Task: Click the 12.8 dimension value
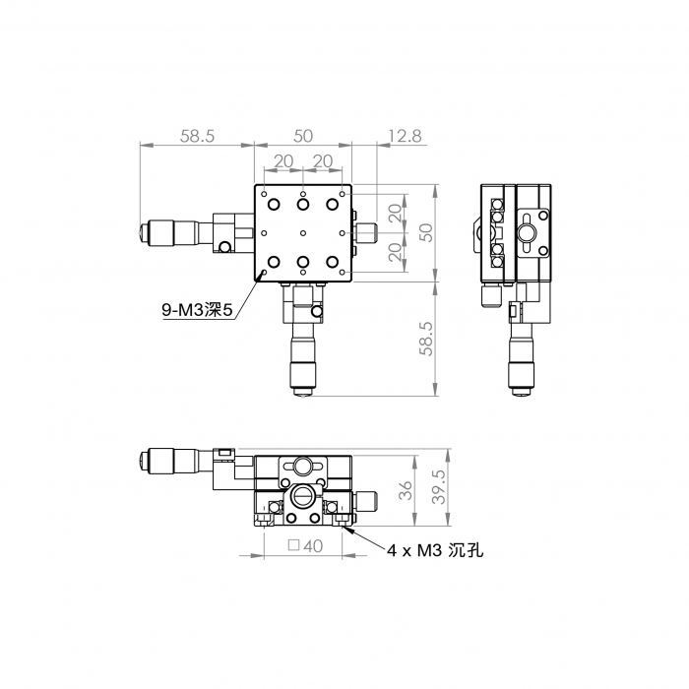pyautogui.click(x=405, y=136)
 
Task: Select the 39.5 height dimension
pyautogui.click(x=439, y=486)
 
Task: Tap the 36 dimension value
pyautogui.click(x=407, y=490)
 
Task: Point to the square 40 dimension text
pyautogui.click(x=305, y=546)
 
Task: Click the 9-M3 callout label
pyautogui.click(x=197, y=310)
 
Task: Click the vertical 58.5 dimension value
pyautogui.click(x=426, y=339)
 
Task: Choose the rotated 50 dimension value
pyautogui.click(x=426, y=232)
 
